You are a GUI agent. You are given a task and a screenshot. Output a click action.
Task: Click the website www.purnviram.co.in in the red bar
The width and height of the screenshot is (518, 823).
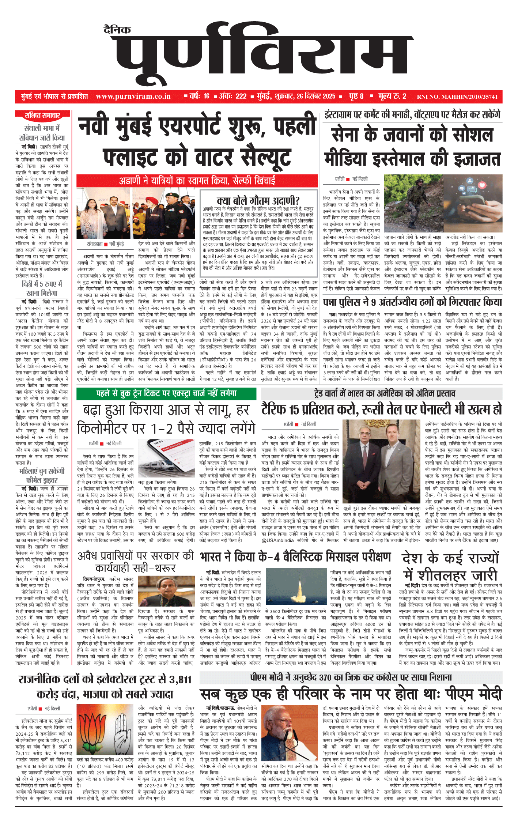[x=133, y=97]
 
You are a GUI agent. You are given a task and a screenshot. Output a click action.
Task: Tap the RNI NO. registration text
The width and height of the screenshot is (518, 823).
[x=457, y=97]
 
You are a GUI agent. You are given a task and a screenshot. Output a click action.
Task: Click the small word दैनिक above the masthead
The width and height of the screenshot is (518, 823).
[x=117, y=30]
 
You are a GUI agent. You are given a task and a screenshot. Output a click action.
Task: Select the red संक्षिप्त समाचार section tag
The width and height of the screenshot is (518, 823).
[x=42, y=116]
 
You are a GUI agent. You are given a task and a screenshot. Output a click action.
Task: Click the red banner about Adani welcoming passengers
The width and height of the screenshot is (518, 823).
[x=197, y=181]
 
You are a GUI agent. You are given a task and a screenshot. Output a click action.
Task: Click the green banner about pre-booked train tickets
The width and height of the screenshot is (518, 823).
[x=166, y=393]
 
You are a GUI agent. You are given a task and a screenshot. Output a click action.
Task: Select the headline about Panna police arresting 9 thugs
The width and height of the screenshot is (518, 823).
[x=412, y=302]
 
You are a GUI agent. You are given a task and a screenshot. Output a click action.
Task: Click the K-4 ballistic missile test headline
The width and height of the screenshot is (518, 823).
[x=295, y=557]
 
